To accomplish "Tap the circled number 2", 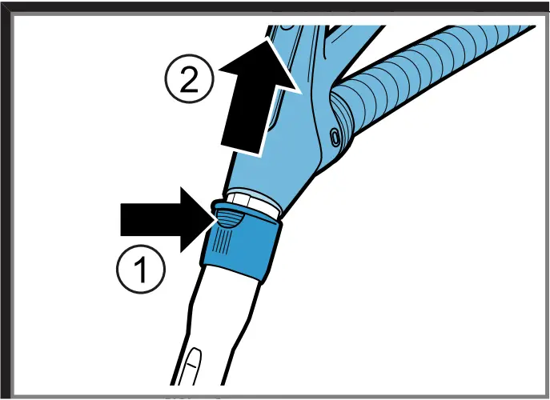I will pos(188,81).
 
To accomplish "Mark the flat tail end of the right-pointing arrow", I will pos(122,218).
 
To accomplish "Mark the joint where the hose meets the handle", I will pos(340,108).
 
